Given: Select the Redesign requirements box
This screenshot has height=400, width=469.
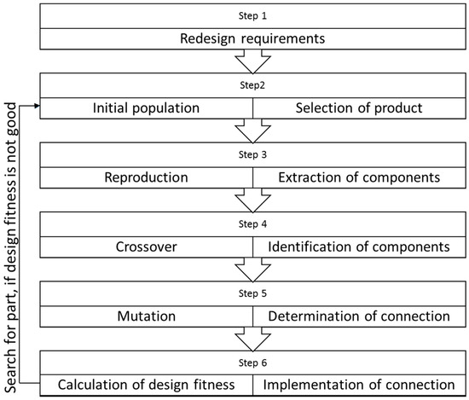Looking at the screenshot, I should (253, 39).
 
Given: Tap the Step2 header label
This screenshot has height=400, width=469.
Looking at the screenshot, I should (253, 86).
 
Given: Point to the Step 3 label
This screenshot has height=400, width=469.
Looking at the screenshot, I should (253, 156).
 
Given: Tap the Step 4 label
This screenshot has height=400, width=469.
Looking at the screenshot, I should (253, 225).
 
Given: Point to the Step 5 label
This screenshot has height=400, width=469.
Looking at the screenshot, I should (253, 294).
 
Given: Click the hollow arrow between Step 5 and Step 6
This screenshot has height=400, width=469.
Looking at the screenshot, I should (253, 339).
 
